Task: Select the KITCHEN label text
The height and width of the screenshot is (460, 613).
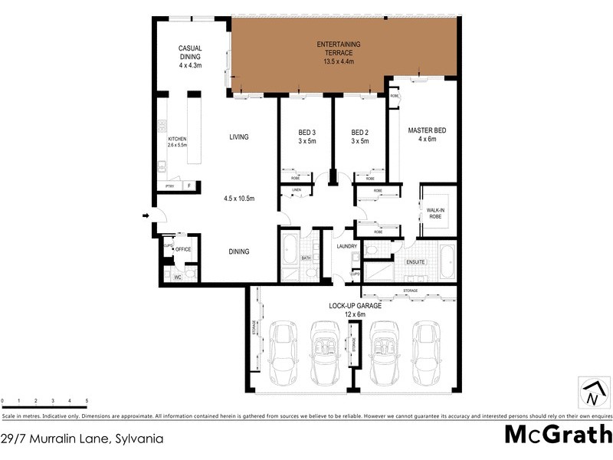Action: point(177,140)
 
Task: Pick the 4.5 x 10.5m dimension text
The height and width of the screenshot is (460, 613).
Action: point(239,199)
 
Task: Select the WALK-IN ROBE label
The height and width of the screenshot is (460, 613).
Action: point(435,212)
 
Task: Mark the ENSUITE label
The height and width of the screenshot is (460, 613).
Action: point(415,262)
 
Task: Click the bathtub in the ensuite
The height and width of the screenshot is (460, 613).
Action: point(447,261)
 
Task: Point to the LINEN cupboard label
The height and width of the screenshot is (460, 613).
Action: point(297,189)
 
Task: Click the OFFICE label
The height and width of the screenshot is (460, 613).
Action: point(182,249)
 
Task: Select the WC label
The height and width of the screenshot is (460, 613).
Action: point(176,276)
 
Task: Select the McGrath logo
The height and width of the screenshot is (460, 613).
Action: point(557,434)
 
